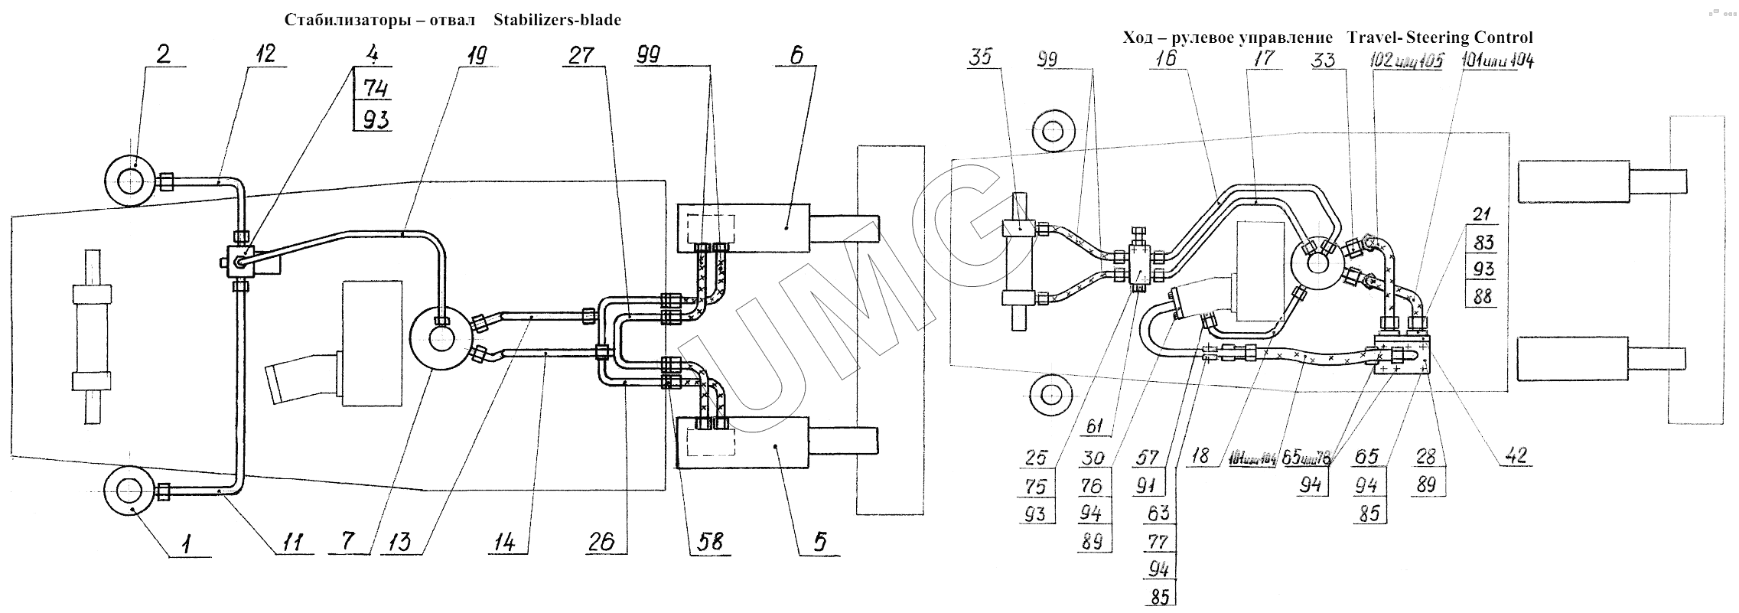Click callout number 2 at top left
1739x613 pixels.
click(x=163, y=54)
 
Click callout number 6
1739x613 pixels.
click(x=796, y=54)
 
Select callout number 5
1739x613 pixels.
click(x=819, y=543)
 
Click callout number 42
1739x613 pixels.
click(x=1515, y=456)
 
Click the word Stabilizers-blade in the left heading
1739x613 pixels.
click(x=557, y=20)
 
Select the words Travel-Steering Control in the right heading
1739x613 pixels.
click(x=1440, y=37)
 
